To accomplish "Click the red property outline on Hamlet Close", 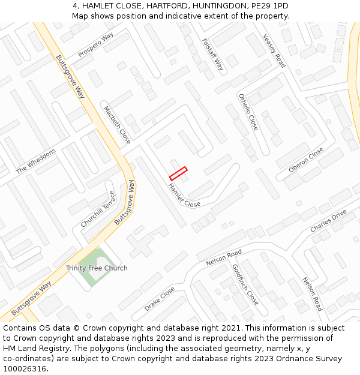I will pos(178,173).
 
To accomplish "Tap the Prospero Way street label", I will pos(95,46).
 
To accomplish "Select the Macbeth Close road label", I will pos(117,124).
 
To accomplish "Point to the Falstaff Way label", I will pos(212,55).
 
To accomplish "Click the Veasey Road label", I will pos(274,50).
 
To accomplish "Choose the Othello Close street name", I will pos(248,112).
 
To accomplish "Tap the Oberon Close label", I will pos(306,160).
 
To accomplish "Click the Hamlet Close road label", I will pos(184,196).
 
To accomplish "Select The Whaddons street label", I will pos(35,161).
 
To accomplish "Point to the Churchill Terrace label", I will pos(98,209).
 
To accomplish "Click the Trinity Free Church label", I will pos(97,268).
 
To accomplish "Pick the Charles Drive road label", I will pos(328,221).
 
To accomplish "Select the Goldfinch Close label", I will pos(245,284).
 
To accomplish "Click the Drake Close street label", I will pos(160,299).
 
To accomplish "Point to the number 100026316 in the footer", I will pos(24,369).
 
